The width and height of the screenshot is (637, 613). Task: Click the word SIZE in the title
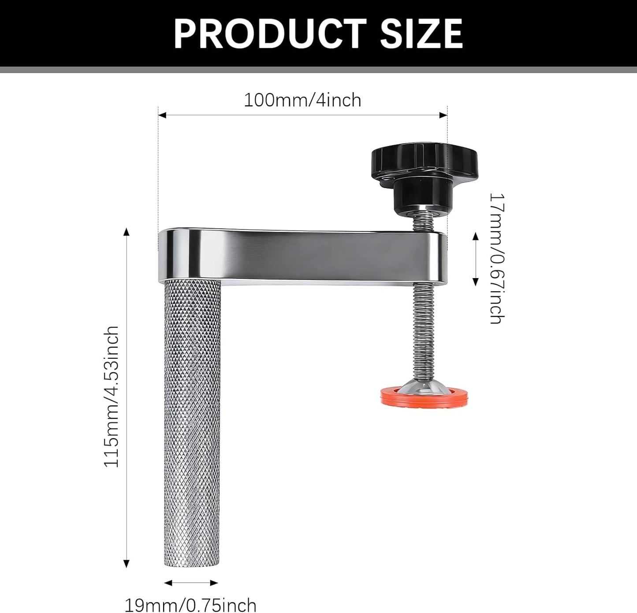421,33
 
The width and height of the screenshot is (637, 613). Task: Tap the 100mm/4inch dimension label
302,100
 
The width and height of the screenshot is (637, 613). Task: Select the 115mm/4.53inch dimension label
111,397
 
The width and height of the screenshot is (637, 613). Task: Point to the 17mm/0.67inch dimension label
497,259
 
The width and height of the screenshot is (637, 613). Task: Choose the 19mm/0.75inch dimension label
190,605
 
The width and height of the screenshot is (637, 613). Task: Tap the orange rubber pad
424,398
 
